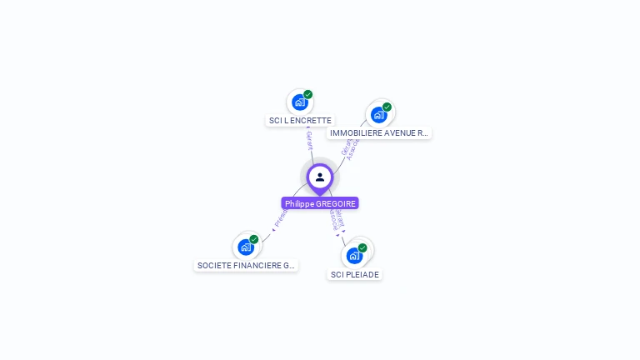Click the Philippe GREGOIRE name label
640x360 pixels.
click(320, 203)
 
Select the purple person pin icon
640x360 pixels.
click(320, 177)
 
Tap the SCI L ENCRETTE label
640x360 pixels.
click(300, 121)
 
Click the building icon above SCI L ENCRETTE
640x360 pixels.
click(299, 102)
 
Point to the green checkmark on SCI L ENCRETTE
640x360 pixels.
click(308, 94)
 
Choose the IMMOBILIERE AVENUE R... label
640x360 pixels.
click(379, 133)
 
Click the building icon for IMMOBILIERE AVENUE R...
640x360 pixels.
click(378, 115)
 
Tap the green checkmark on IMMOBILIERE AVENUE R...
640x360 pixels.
click(387, 107)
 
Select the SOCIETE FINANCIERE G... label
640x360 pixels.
click(246, 266)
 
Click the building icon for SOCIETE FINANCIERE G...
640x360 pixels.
click(245, 247)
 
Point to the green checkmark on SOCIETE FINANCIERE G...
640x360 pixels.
click(254, 239)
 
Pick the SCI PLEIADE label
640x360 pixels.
click(355, 275)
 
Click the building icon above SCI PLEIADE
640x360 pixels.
click(353, 256)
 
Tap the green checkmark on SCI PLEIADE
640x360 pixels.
click(362, 247)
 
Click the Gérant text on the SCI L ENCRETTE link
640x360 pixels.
click(309, 139)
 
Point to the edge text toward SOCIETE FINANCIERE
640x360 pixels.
click(281, 218)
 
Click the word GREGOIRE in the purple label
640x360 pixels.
click(336, 203)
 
